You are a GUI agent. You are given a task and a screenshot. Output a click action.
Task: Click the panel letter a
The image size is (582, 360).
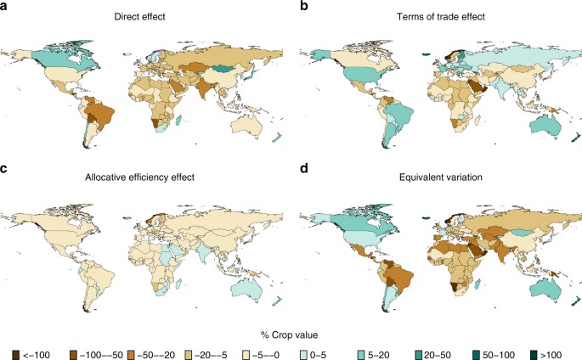[x=4, y=8]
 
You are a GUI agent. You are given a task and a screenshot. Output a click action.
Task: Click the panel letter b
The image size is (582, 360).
[x=294, y=8]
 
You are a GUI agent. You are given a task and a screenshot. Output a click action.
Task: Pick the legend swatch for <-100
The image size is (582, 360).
[x=17, y=350]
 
